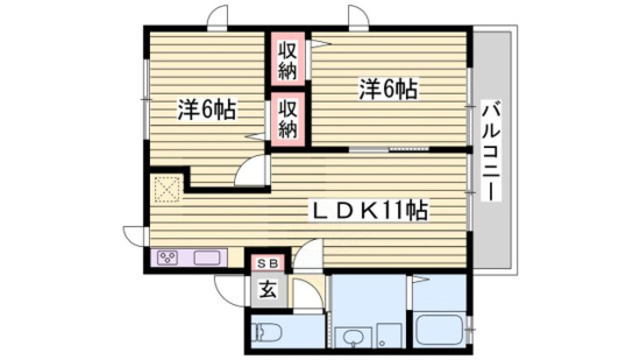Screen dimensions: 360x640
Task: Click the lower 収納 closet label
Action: click(288, 118)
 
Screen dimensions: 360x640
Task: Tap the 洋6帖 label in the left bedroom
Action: click(208, 109)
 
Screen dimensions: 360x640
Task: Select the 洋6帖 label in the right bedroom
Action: click(388, 89)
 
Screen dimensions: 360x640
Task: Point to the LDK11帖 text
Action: click(371, 211)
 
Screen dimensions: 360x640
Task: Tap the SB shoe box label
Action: click(268, 262)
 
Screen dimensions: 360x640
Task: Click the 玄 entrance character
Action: click(268, 290)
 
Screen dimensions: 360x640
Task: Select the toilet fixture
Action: click(269, 330)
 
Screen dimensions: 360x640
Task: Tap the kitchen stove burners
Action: click(167, 258)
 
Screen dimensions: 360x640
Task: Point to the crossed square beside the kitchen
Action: click(164, 189)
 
